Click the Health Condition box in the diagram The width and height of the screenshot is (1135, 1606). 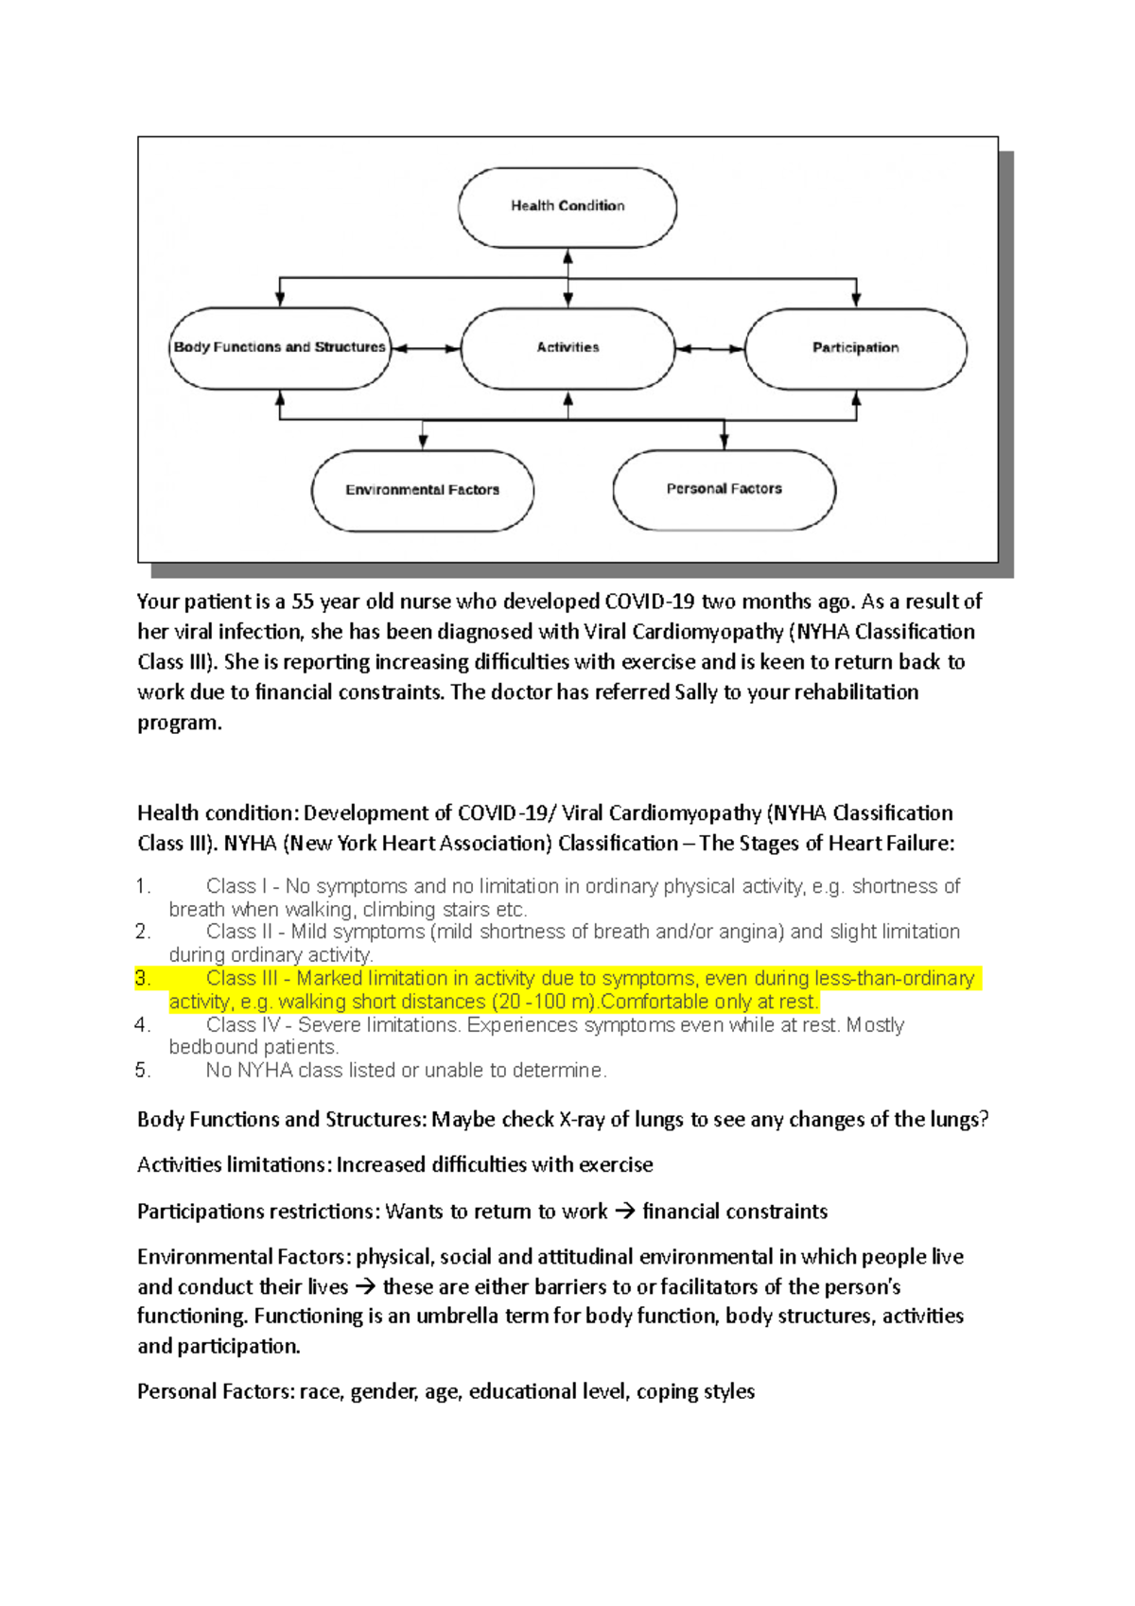[x=567, y=206]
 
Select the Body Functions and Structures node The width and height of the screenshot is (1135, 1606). [x=280, y=348]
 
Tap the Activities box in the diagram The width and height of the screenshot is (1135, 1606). [x=567, y=348]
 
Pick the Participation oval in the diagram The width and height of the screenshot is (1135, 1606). [x=855, y=348]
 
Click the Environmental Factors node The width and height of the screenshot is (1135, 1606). [x=422, y=490]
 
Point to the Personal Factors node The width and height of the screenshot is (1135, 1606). [x=724, y=489]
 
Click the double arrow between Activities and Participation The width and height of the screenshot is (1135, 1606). [x=710, y=349]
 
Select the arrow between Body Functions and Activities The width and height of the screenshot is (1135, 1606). [x=426, y=349]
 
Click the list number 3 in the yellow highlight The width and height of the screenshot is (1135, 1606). [x=143, y=979]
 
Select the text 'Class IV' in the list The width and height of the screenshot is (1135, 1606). [x=242, y=1025]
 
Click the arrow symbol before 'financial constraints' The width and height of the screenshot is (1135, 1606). [x=625, y=1212]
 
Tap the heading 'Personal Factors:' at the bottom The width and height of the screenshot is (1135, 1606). [x=216, y=1392]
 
